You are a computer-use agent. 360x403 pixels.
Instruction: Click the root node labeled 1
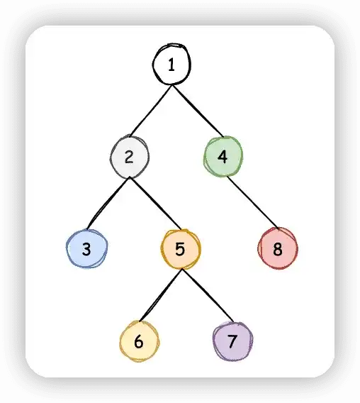(x=171, y=65)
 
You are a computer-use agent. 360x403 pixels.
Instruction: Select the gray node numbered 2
(x=130, y=157)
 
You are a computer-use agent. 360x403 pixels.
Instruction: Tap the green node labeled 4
(x=223, y=156)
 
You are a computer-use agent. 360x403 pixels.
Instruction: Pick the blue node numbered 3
(x=86, y=249)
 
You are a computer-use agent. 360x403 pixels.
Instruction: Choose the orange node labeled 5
(x=181, y=249)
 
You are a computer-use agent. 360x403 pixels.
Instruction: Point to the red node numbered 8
(x=278, y=248)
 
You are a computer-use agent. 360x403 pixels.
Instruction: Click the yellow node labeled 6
(x=139, y=341)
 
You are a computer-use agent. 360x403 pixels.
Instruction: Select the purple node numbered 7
(x=232, y=341)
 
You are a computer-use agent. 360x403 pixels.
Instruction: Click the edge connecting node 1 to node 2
(x=151, y=111)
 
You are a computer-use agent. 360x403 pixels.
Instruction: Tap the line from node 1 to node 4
(x=198, y=111)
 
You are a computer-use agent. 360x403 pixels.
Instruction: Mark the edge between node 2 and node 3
(x=108, y=203)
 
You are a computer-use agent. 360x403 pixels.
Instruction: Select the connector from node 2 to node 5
(x=155, y=203)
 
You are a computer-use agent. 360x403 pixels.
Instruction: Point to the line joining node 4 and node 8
(x=253, y=202)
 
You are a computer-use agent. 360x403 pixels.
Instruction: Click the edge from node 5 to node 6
(x=160, y=295)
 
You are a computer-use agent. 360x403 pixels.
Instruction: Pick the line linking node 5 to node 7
(x=208, y=296)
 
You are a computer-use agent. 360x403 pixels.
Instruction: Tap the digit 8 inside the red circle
(x=278, y=249)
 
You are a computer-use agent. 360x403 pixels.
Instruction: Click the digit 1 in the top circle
(x=171, y=65)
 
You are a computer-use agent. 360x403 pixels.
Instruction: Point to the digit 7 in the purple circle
(x=232, y=341)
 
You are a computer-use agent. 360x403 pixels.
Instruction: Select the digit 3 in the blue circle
(x=86, y=249)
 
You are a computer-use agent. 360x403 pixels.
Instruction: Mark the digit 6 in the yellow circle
(x=139, y=342)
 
